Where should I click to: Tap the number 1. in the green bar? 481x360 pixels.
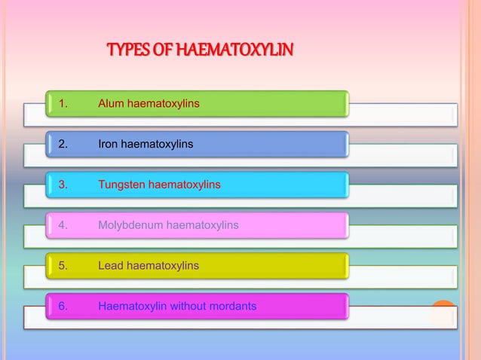63,103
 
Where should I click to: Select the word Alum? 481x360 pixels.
111,103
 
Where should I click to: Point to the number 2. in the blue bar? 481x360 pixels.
63,144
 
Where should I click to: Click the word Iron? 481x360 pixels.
109,144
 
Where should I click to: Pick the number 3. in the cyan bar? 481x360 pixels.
63,185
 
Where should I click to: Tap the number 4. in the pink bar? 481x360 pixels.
63,225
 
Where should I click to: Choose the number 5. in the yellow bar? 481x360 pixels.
63,266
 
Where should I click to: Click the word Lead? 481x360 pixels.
111,266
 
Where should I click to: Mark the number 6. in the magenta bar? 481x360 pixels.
63,307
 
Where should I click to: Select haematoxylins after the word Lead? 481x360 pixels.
163,266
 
